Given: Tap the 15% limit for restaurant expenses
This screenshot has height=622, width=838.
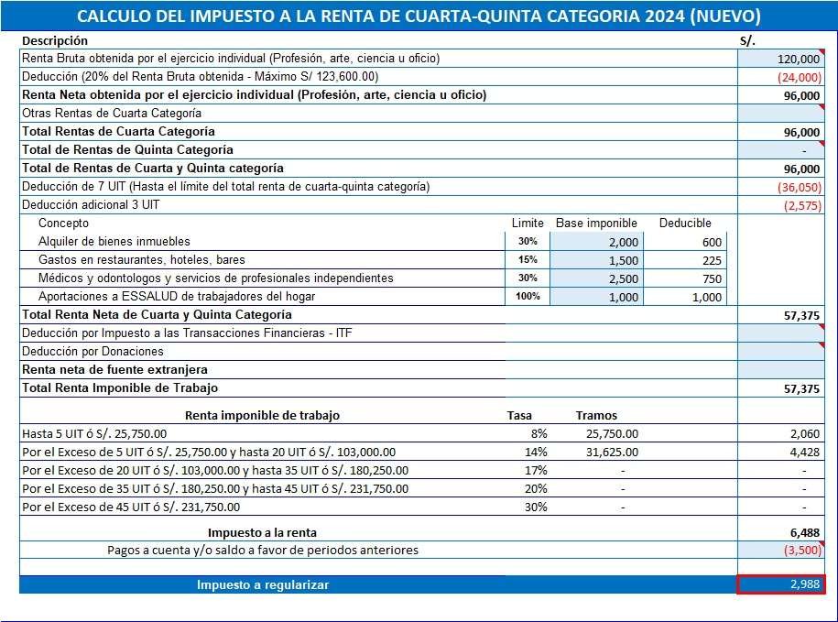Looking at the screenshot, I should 527,260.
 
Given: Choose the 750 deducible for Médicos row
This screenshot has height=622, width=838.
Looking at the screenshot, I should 712,278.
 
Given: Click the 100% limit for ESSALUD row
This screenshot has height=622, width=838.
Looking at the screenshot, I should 527,297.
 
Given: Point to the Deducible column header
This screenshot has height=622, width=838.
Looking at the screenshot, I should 685,223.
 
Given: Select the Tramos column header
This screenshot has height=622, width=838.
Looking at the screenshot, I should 596,415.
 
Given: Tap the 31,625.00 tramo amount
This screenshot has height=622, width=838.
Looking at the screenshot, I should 612,452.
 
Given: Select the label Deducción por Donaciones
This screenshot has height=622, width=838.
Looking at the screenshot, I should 93,352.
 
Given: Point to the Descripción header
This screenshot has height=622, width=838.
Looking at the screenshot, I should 55,40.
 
